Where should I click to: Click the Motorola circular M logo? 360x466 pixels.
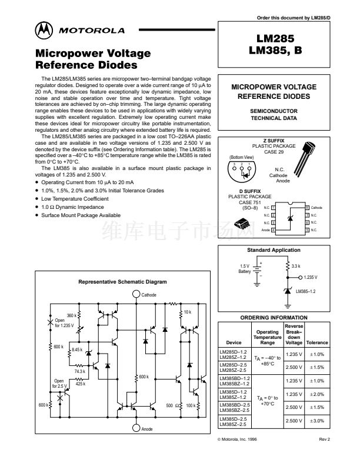pyautogui.click(x=44, y=30)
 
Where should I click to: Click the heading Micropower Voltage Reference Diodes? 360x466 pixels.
pyautogui.click(x=93, y=59)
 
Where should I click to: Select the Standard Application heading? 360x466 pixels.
pyautogui.click(x=274, y=250)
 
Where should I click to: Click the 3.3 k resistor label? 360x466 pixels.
pyautogui.click(x=296, y=267)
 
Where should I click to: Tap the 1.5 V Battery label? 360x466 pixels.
pyautogui.click(x=244, y=269)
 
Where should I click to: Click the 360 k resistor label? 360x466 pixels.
pyautogui.click(x=72, y=315)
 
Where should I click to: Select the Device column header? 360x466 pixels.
pyautogui.click(x=234, y=342)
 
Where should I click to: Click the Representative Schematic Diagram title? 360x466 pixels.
pyautogui.click(x=123, y=282)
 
